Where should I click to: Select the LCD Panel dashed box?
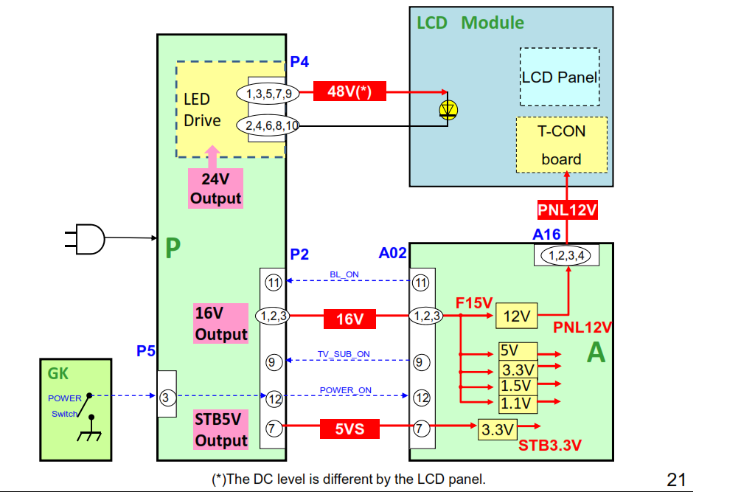tap(559, 77)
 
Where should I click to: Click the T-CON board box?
tap(561, 145)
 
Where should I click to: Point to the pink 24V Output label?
tap(215, 188)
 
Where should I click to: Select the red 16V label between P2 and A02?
tap(349, 319)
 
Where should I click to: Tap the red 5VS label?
tap(349, 429)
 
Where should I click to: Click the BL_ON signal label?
tap(344, 275)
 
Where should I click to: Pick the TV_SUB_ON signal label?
tap(344, 354)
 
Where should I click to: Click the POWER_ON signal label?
tap(345, 390)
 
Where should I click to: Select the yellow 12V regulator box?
tap(516, 316)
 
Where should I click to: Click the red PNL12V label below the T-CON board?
tap(567, 210)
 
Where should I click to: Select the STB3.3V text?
tap(550, 445)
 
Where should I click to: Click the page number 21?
tap(676, 479)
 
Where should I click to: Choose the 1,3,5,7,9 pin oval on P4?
tap(268, 94)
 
